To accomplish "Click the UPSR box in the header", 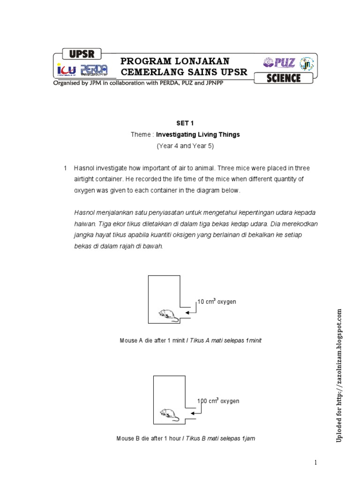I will [x=82, y=54].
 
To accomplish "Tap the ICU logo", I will [x=66, y=70].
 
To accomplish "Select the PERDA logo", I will [x=94, y=70].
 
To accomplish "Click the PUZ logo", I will [x=279, y=62].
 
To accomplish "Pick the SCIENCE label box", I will [x=283, y=78].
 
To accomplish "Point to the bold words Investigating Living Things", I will [x=198, y=135].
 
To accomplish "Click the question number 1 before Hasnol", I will [x=66, y=168].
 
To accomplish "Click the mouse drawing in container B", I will [x=169, y=414].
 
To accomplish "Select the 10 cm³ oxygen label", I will [x=217, y=302].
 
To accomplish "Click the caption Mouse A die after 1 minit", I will [x=190, y=341].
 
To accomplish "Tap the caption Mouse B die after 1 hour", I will [x=186, y=439].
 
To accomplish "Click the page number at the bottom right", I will [x=316, y=463].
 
